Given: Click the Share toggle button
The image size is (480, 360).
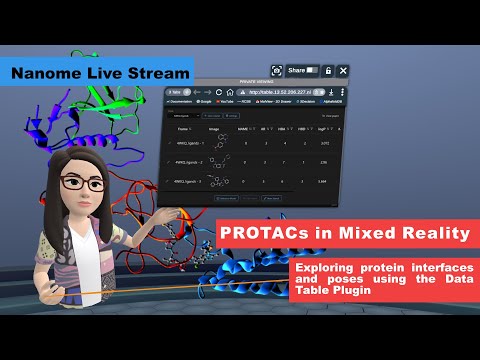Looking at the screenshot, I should tap(313, 71).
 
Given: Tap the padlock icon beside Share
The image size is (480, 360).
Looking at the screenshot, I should tap(327, 71).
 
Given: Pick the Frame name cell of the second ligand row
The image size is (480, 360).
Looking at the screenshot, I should tap(190, 160).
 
